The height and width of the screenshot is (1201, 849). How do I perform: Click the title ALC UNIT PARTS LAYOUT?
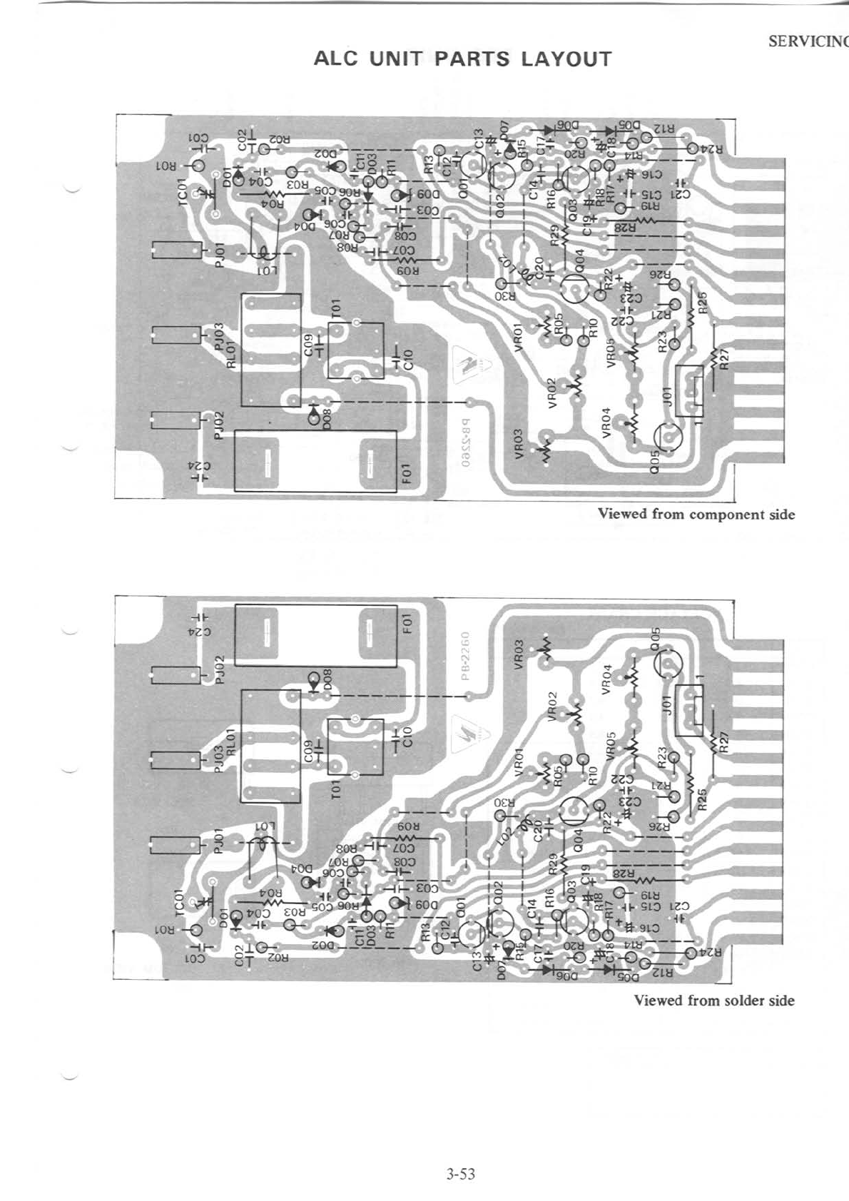pos(463,59)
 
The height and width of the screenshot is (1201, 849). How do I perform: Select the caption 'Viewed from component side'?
pos(696,514)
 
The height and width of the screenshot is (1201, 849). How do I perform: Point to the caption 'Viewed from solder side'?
pos(714,1000)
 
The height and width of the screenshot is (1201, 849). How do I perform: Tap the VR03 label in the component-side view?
pos(519,442)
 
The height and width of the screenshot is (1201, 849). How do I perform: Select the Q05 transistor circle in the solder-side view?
pos(668,664)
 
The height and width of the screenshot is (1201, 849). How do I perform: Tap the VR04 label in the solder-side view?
pos(607,678)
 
